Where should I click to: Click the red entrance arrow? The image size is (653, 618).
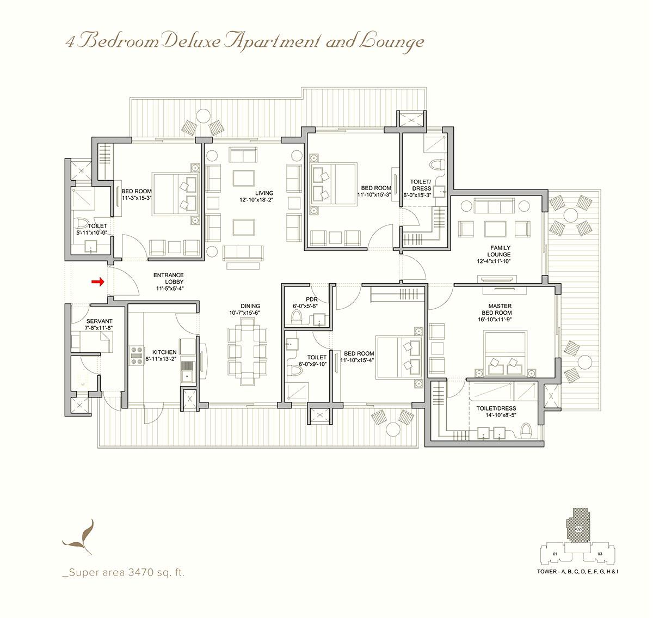[97, 282]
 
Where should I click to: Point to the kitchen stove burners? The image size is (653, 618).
[135, 355]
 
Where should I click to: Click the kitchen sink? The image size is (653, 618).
[188, 375]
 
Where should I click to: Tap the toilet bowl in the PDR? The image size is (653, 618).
[297, 316]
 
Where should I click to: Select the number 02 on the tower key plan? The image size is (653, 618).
[578, 529]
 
